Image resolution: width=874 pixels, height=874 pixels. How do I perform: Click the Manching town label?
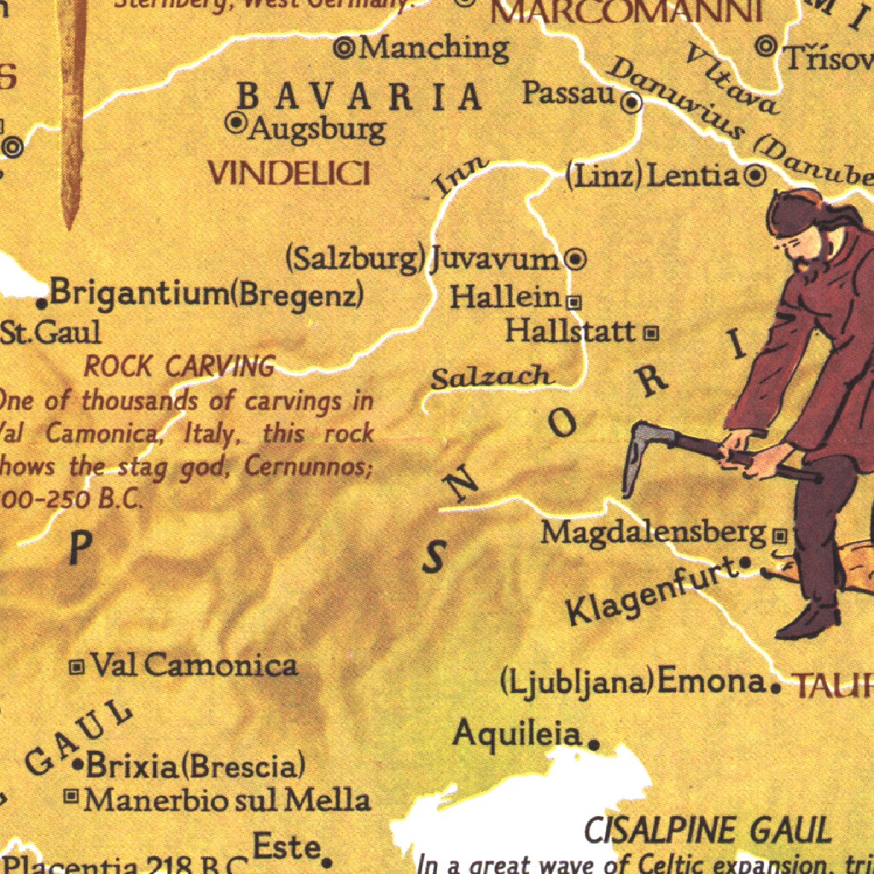pos(434,48)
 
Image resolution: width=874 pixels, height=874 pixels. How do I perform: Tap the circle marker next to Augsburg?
pos(236,124)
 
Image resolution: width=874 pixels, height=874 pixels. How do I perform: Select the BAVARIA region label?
pos(359,96)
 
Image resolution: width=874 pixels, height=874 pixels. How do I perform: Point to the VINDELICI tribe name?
pos(289,174)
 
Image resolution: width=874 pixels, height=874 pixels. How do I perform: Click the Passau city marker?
pos(632,104)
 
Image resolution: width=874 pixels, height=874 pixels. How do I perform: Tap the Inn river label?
pos(460,175)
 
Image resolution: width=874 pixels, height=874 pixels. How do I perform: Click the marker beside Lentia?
pos(755,177)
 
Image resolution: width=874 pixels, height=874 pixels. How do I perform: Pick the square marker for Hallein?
pos(574,301)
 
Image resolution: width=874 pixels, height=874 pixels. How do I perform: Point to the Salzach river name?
pos(492,376)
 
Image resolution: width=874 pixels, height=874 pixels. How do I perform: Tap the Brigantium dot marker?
pos(41,302)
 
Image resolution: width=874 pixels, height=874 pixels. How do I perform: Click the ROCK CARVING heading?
pos(179,367)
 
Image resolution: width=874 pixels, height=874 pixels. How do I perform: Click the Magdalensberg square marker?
pos(778,536)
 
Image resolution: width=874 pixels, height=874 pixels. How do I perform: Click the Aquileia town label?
pos(517,732)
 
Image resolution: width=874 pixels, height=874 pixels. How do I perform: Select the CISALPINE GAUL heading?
pos(707,830)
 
